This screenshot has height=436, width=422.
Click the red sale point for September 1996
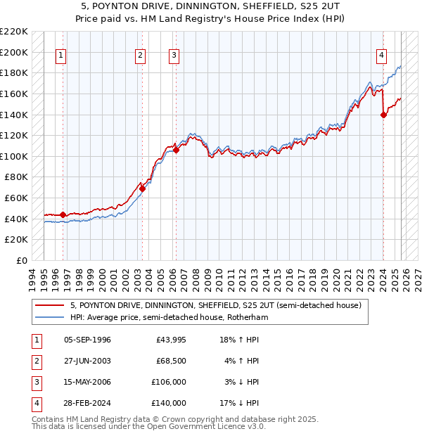63,214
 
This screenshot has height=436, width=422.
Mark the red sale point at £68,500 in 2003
142,188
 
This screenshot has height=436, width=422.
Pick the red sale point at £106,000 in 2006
176,150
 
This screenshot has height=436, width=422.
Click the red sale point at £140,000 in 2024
383,115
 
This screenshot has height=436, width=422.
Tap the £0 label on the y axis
20,260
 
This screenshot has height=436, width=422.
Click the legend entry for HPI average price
170,317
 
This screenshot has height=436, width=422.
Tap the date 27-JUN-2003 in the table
87,361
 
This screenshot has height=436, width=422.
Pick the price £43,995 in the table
171,340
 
